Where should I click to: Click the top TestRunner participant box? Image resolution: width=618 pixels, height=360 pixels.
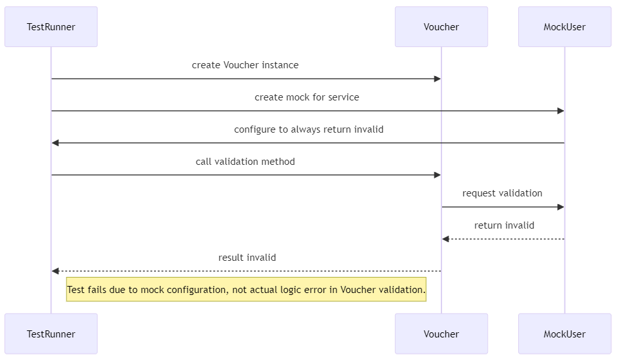[x=51, y=27]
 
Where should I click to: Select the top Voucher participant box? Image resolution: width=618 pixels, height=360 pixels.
[x=441, y=27]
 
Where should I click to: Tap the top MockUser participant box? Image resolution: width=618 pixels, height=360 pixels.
[x=565, y=27]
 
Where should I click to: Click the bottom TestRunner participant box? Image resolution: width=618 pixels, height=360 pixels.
[x=51, y=334]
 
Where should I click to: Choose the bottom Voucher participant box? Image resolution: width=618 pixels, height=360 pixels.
[x=441, y=334]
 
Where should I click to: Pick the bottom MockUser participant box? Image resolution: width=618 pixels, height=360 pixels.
[x=565, y=334]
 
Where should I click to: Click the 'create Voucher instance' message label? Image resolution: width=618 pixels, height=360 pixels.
[x=245, y=65]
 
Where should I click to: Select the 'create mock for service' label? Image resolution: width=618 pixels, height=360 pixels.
[x=307, y=97]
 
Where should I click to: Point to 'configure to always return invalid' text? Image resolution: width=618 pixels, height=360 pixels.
[x=309, y=129]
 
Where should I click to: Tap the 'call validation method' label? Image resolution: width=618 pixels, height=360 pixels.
[x=245, y=162]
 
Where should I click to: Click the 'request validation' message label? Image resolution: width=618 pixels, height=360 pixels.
[x=502, y=193]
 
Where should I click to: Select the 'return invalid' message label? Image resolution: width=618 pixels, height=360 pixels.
[x=504, y=225]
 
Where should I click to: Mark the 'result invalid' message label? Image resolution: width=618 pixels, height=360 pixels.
[x=247, y=258]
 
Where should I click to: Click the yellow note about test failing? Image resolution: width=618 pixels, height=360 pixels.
[x=246, y=290]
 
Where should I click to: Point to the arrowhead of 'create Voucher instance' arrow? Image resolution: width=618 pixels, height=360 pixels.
[x=438, y=79]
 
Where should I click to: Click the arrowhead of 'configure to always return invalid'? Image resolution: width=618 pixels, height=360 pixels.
[x=55, y=143]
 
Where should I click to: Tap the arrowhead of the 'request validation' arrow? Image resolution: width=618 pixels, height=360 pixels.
[x=561, y=207]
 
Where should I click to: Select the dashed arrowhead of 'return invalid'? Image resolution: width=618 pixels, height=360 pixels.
[x=445, y=239]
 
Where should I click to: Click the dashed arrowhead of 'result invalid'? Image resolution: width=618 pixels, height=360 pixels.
[x=55, y=271]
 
